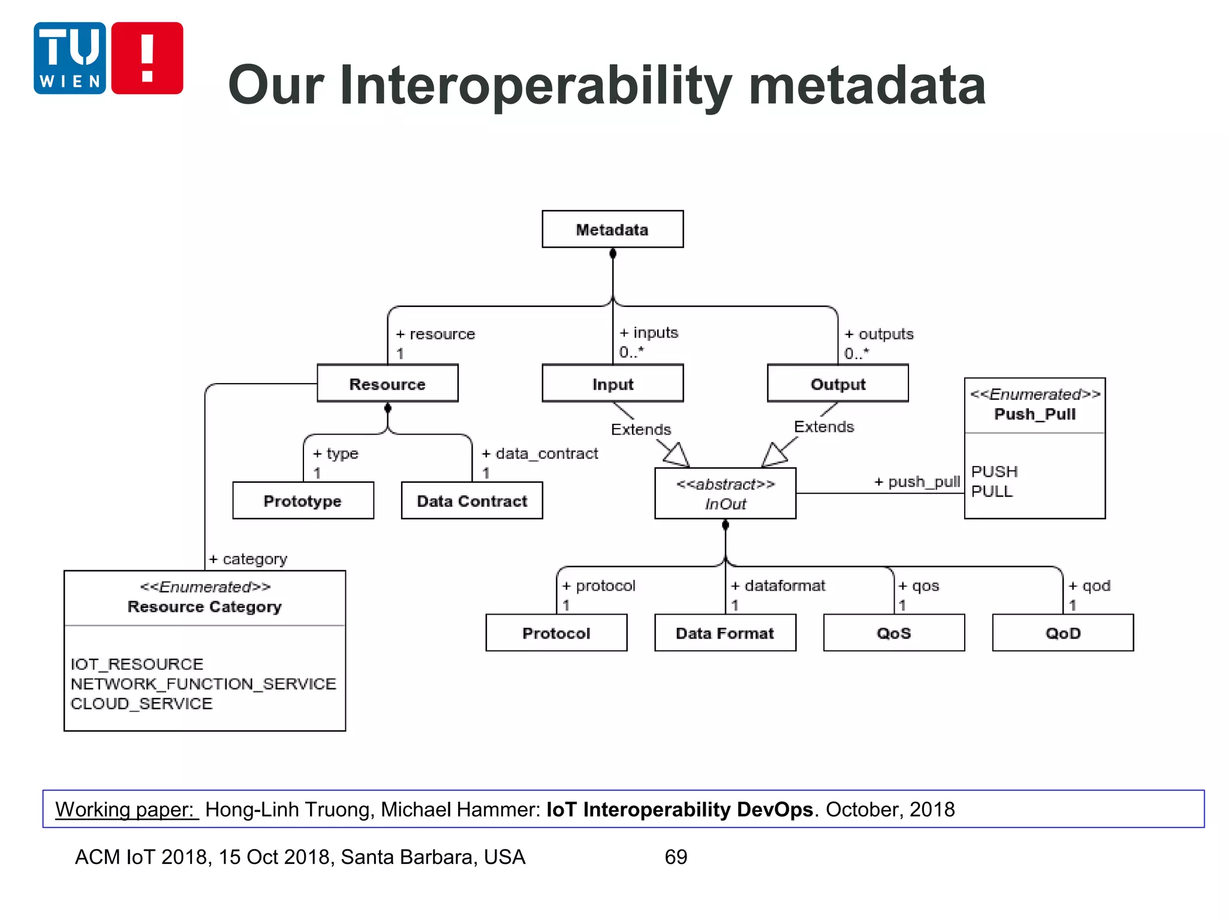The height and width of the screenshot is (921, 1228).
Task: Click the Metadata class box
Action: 612,229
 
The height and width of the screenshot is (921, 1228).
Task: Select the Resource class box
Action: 387,384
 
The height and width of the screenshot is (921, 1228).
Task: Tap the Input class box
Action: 612,384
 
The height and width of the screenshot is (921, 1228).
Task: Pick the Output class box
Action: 838,384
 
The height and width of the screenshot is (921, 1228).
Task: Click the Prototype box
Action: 303,501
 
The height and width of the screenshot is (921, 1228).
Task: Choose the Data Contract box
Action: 472,501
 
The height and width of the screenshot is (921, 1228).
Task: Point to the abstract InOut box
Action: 725,493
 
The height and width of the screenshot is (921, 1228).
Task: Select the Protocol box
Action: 556,633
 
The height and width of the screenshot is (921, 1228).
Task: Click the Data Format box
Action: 725,633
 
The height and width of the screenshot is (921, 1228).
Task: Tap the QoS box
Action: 894,633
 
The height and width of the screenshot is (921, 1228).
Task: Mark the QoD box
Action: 1063,633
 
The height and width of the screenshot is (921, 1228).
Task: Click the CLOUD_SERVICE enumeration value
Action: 142,703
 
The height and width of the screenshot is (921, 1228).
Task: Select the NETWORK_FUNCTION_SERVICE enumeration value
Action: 203,684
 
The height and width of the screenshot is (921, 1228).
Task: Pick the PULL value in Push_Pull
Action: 992,492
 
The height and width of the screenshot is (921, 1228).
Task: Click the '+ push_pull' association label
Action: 917,482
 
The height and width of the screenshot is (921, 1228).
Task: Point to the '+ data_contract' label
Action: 540,454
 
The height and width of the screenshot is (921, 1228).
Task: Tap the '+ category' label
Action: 248,559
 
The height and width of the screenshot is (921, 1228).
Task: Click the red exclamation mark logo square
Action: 148,58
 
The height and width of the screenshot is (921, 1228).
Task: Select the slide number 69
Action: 676,857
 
